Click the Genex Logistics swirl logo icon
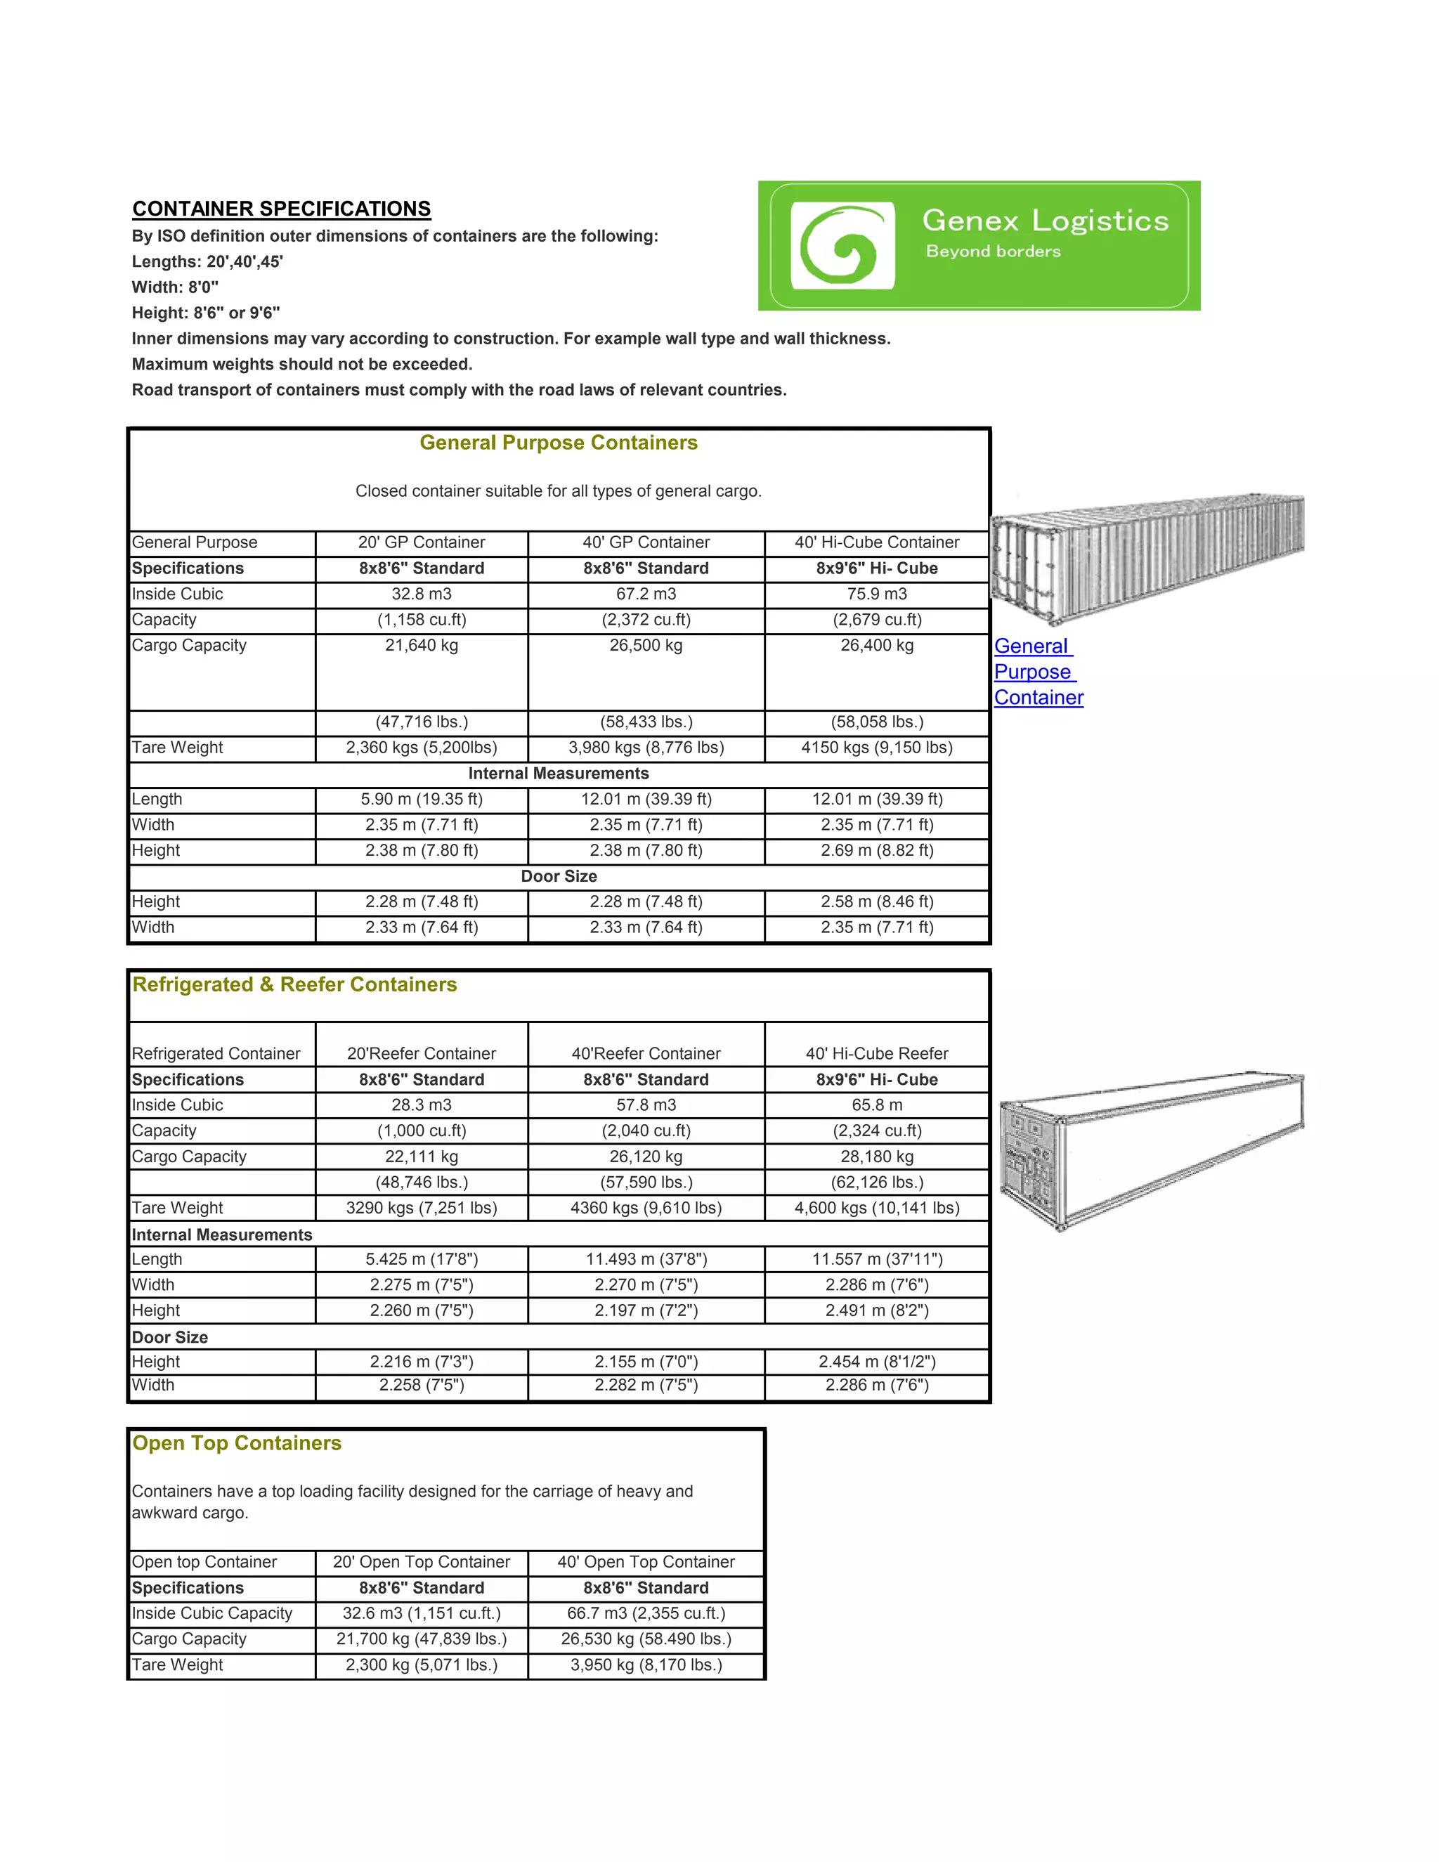pos(842,245)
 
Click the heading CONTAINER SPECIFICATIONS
pos(281,209)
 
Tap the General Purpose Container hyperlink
pos(1038,672)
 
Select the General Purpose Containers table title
pos(559,443)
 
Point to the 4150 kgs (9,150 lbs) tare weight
pos(876,748)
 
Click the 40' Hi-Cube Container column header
pos(876,542)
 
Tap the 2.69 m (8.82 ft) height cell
pos(876,850)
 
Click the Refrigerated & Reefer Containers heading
pos(294,984)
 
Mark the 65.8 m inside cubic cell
pos(876,1105)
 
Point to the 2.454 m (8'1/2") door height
pos(876,1362)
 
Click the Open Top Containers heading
pos(237,1443)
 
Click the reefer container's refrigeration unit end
pos(1028,1159)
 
